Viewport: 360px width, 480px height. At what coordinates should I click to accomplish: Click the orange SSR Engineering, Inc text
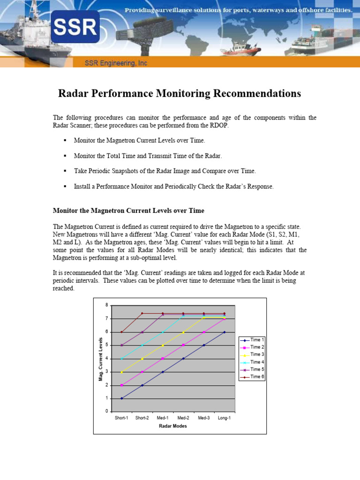click(x=115, y=63)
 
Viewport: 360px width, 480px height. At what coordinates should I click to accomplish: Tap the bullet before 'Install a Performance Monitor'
click(x=65, y=186)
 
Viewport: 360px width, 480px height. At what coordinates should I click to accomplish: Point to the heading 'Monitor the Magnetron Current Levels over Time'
click(x=128, y=210)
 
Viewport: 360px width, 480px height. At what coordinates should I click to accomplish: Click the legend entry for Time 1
click(x=252, y=339)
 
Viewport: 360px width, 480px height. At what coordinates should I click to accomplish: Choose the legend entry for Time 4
click(x=252, y=362)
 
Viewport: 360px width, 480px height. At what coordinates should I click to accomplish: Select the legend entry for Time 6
click(x=252, y=377)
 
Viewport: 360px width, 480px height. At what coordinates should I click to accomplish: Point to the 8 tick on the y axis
click(x=106, y=305)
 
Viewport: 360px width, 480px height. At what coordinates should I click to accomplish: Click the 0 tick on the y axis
click(x=106, y=412)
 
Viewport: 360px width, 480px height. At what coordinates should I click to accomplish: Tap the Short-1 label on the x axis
click(x=121, y=418)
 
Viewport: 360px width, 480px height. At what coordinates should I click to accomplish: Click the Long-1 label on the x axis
click(x=224, y=418)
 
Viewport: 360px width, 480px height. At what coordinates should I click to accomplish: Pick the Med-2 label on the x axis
click(x=183, y=418)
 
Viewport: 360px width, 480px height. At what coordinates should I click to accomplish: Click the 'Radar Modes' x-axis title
click(x=173, y=426)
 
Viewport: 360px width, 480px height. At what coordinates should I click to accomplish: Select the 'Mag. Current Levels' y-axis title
click(x=100, y=359)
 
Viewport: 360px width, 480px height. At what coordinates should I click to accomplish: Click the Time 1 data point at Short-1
click(x=121, y=398)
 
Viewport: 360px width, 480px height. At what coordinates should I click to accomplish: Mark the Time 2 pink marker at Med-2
click(x=183, y=345)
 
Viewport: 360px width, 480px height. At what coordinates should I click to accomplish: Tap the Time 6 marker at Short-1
click(x=121, y=332)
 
